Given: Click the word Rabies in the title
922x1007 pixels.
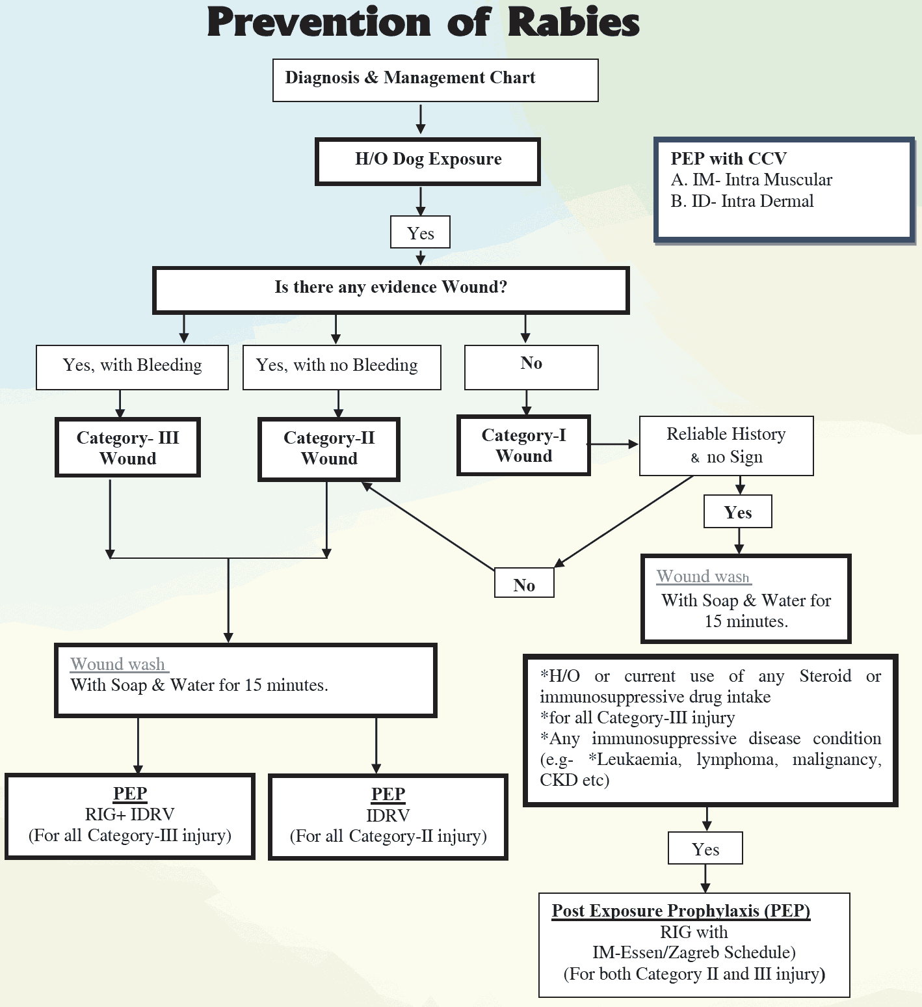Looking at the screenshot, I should pyautogui.click(x=573, y=23).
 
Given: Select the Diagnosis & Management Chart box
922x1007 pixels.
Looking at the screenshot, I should pyautogui.click(x=435, y=80).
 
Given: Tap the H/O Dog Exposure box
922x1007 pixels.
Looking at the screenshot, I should pyautogui.click(x=428, y=161).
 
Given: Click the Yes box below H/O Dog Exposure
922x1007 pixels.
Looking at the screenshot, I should pyautogui.click(x=420, y=233).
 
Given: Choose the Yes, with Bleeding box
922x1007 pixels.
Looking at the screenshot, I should pyautogui.click(x=132, y=367).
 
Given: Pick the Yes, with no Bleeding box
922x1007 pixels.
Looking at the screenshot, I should pyautogui.click(x=341, y=367).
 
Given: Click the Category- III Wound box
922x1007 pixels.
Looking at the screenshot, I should pyautogui.click(x=127, y=448).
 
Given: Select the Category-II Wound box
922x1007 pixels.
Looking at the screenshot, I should pyautogui.click(x=329, y=449).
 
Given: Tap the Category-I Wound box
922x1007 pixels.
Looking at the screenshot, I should pyautogui.click(x=523, y=446).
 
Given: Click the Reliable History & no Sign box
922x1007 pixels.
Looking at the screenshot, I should pyautogui.click(x=726, y=446).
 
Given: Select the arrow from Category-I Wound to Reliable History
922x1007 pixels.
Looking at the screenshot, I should pyautogui.click(x=614, y=444).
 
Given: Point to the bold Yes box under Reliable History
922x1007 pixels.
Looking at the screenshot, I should pyautogui.click(x=738, y=512).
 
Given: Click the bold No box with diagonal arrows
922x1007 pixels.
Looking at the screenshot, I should pyautogui.click(x=524, y=584).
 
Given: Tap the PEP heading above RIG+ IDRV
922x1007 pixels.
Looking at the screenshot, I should pyautogui.click(x=130, y=794).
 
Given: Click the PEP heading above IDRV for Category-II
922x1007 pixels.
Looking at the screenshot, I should pyautogui.click(x=388, y=794).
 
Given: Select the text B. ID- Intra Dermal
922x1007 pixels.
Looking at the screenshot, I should pyautogui.click(x=742, y=202).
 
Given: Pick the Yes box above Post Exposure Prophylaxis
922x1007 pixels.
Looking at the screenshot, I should pyautogui.click(x=705, y=848).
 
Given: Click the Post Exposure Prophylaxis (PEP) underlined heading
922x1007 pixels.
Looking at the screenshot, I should pyautogui.click(x=681, y=911).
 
